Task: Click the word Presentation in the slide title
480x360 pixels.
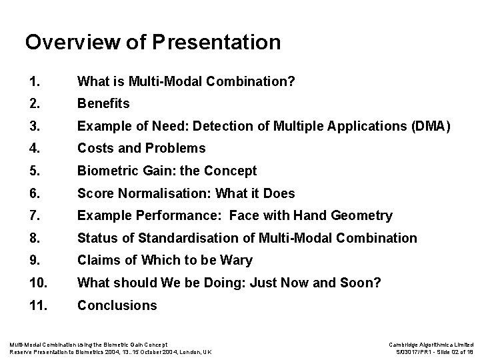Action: (x=216, y=43)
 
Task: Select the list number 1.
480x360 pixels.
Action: (x=35, y=82)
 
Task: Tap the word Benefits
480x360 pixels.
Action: (x=103, y=104)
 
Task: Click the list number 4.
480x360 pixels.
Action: (x=35, y=148)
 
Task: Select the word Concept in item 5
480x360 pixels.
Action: (x=233, y=171)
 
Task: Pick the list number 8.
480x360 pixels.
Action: (x=35, y=238)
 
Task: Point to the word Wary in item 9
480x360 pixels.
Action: (x=238, y=260)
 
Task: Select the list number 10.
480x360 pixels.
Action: (x=38, y=283)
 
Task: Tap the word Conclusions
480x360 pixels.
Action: (x=117, y=305)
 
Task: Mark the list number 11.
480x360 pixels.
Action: (x=38, y=305)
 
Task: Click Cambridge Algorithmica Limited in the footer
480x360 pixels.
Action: (x=431, y=344)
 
